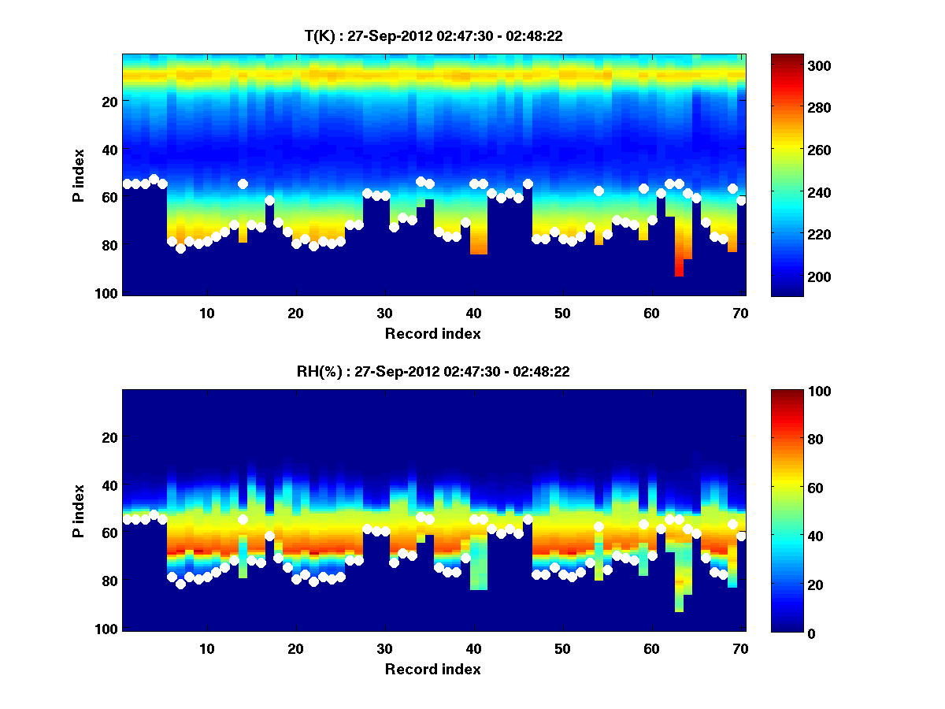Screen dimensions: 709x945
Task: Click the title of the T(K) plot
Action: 433,35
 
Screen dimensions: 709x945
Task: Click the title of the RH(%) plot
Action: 433,372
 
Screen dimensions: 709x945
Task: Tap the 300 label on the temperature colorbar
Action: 798,66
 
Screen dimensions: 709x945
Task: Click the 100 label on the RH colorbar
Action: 798,392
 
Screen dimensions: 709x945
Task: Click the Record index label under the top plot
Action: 433,333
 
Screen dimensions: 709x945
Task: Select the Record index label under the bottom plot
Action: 433,669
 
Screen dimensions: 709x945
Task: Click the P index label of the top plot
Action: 78,175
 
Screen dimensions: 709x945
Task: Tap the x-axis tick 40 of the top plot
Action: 474,313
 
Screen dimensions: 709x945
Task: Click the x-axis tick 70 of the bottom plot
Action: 741,648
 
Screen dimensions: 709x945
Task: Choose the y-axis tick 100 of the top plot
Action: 108,293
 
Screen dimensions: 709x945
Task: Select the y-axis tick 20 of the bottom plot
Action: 109,437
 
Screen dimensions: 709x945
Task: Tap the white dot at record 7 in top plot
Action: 180,248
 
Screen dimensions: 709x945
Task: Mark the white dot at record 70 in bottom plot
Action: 741,536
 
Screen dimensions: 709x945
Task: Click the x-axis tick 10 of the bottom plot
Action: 207,648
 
